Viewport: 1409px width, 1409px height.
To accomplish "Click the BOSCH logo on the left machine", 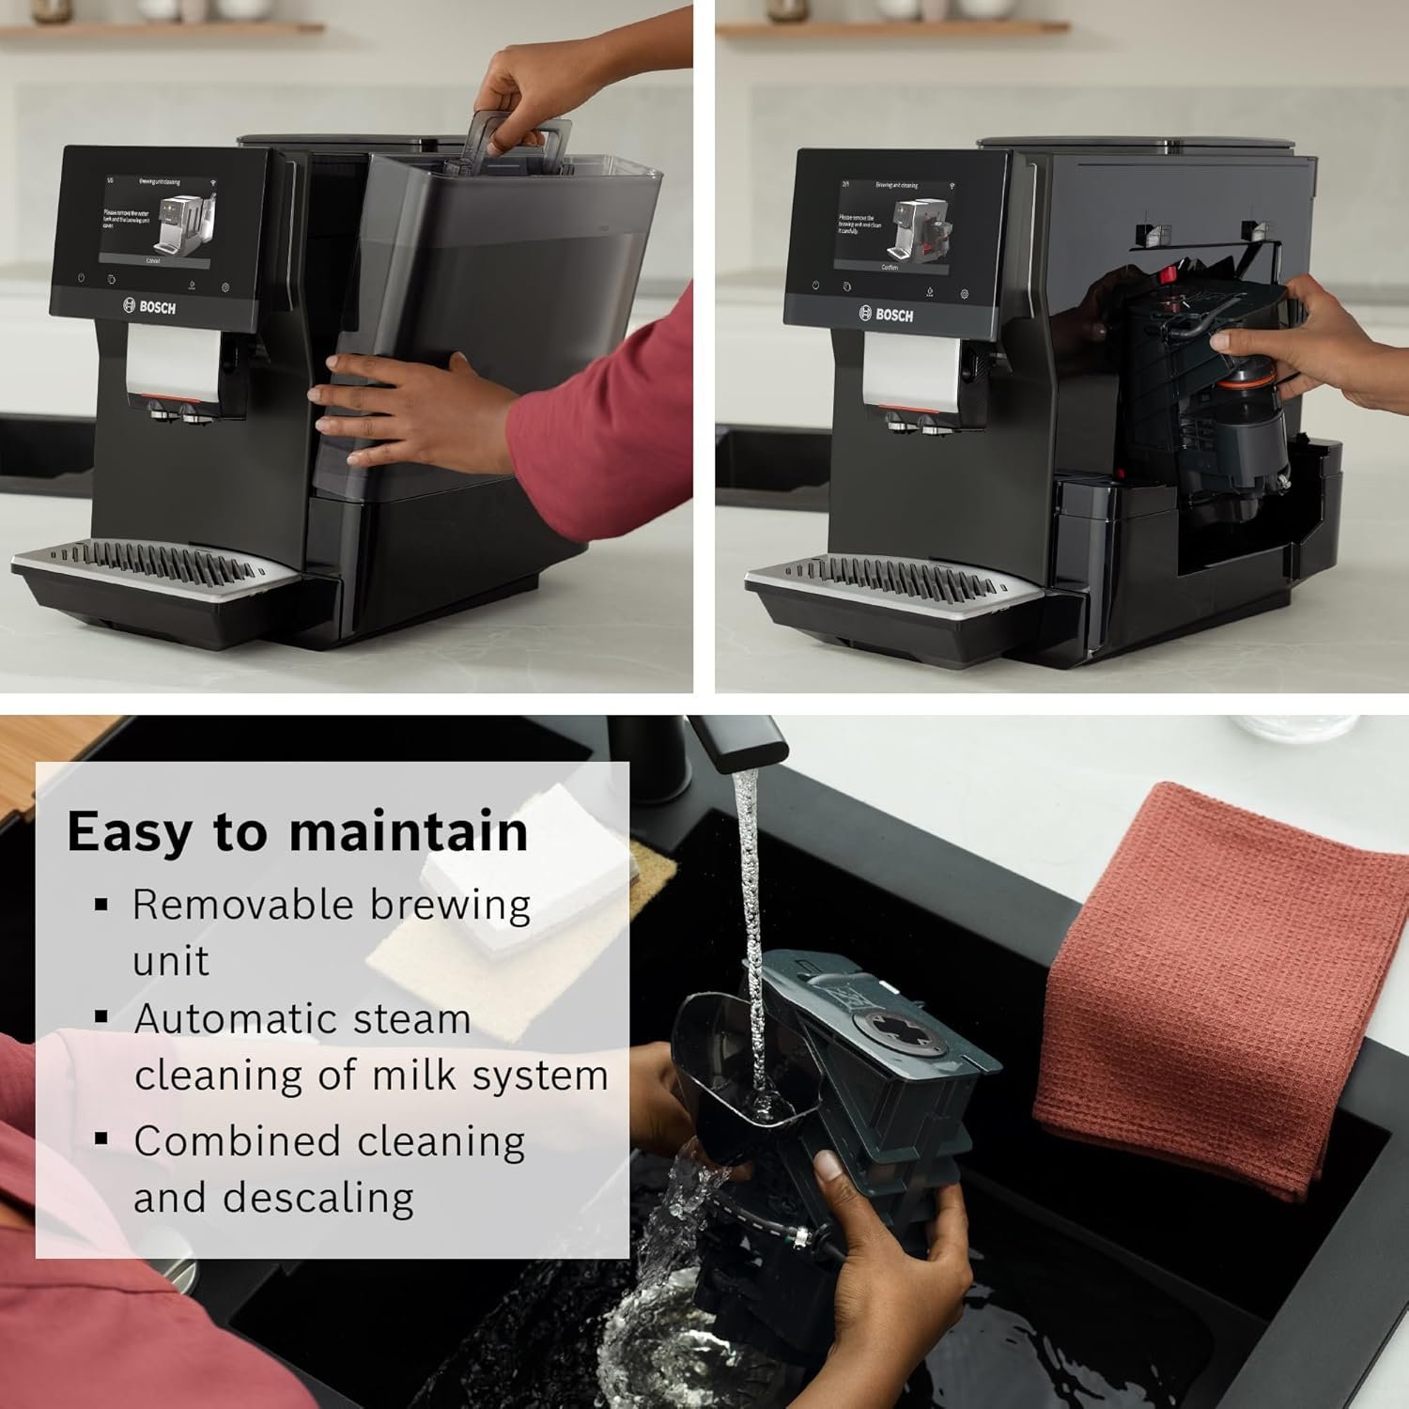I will coord(150,306).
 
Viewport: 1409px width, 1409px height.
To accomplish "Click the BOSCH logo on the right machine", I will coord(885,315).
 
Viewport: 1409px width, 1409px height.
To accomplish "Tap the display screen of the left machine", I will coord(155,218).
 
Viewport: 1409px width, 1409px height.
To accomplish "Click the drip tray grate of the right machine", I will coord(892,573).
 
